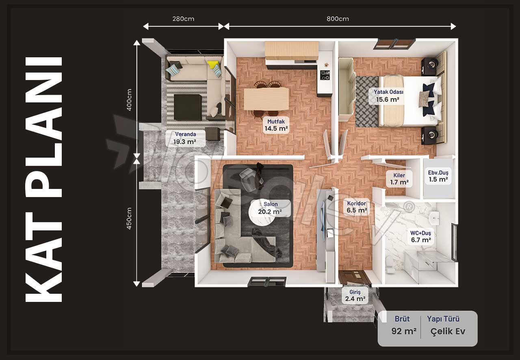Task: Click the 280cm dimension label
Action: click(x=183, y=19)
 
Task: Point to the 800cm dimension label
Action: click(x=338, y=19)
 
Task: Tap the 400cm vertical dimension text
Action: click(x=129, y=100)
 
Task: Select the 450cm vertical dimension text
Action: click(x=129, y=218)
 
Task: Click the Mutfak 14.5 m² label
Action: click(x=276, y=125)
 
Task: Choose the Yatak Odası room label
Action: click(x=388, y=96)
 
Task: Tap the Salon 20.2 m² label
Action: click(x=270, y=208)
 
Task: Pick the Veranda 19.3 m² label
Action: click(x=185, y=138)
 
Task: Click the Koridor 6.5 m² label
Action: click(x=357, y=207)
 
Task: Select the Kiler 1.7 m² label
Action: click(x=399, y=179)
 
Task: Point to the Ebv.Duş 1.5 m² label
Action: click(x=438, y=176)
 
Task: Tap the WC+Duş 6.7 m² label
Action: click(x=420, y=236)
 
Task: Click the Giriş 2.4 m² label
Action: click(x=355, y=295)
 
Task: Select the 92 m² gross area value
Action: click(x=404, y=331)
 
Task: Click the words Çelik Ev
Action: click(x=448, y=331)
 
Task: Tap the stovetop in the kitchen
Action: click(x=325, y=75)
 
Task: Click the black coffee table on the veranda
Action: click(x=188, y=107)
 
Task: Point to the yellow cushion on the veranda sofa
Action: click(x=212, y=64)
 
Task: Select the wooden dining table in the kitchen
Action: click(x=266, y=99)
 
